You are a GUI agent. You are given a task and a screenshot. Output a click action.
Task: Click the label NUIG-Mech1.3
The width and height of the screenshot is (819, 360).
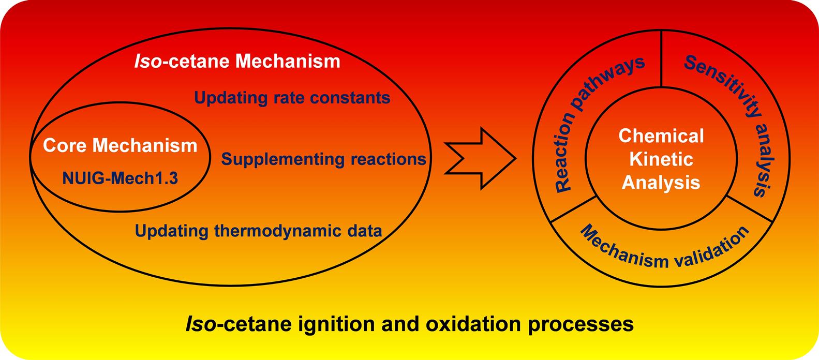[x=120, y=178]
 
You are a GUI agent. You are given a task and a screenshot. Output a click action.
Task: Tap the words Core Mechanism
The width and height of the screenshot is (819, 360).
[x=120, y=145]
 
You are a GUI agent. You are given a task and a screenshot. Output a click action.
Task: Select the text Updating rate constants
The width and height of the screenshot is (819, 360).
[x=292, y=97]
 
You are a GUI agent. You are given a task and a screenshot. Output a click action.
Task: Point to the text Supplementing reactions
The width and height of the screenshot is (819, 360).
[x=324, y=159]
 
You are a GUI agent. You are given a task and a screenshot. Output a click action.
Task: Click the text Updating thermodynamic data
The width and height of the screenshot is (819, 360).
[x=258, y=230]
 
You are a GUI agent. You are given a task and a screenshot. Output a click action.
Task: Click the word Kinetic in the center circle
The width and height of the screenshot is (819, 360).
[x=661, y=159]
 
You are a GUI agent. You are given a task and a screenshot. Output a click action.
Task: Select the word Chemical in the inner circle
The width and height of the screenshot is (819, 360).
[x=661, y=136]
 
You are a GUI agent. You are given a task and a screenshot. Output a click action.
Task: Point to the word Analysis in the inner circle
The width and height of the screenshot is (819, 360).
[x=661, y=182]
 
